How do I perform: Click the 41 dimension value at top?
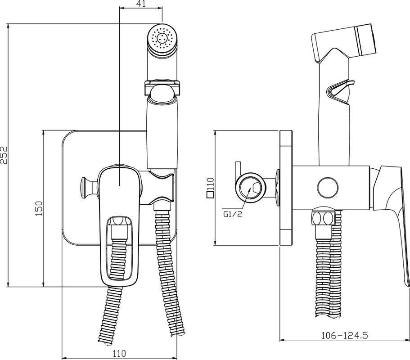click(141, 4)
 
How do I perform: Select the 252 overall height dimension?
click(5, 155)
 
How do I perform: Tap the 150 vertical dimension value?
click(39, 208)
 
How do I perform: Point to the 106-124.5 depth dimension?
click(344, 335)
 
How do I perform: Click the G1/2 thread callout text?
click(233, 214)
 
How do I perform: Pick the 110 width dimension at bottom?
click(119, 354)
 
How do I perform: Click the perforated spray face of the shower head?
click(162, 38)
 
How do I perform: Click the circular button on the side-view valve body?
click(328, 188)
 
